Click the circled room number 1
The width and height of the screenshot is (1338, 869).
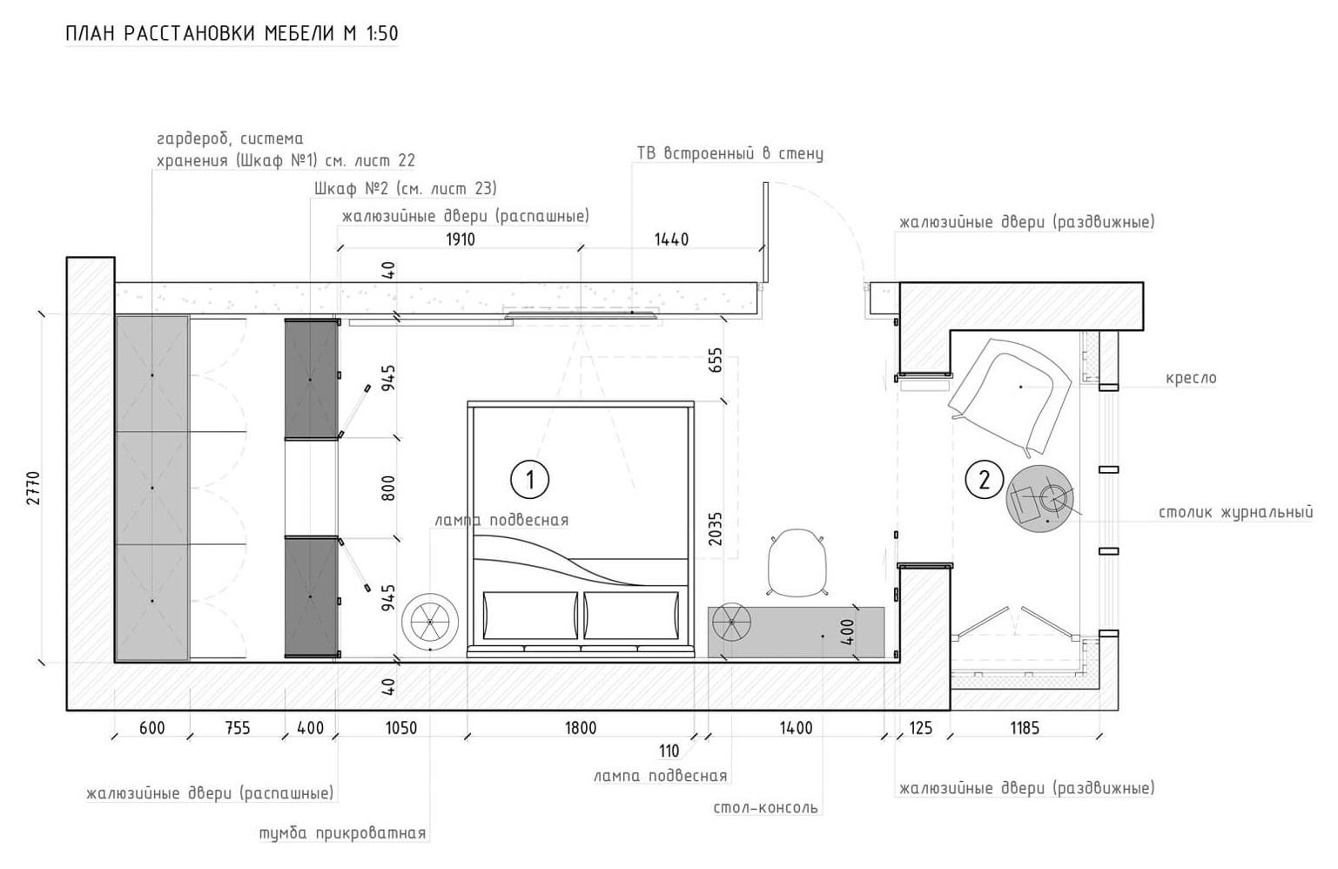click(529, 479)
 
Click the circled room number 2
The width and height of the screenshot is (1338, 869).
click(985, 480)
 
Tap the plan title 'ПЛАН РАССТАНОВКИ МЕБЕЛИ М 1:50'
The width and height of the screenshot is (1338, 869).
click(232, 34)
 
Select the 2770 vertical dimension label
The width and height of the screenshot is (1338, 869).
click(34, 490)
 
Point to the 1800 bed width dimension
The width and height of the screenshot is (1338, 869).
click(581, 728)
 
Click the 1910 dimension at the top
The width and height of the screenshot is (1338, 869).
click(460, 239)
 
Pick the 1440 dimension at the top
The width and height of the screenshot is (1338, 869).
click(671, 239)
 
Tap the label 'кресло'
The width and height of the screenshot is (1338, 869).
click(1191, 379)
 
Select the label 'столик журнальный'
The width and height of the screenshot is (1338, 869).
click(1235, 513)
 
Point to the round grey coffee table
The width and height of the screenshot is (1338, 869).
click(1039, 498)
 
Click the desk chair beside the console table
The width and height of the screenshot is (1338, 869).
click(797, 562)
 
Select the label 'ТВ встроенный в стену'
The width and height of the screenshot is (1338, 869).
click(730, 154)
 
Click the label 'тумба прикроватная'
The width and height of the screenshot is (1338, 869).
click(342, 833)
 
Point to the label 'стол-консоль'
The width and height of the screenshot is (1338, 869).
click(765, 807)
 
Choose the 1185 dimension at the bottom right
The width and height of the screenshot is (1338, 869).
click(1024, 728)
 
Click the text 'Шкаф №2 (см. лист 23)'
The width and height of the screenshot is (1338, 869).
click(406, 189)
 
